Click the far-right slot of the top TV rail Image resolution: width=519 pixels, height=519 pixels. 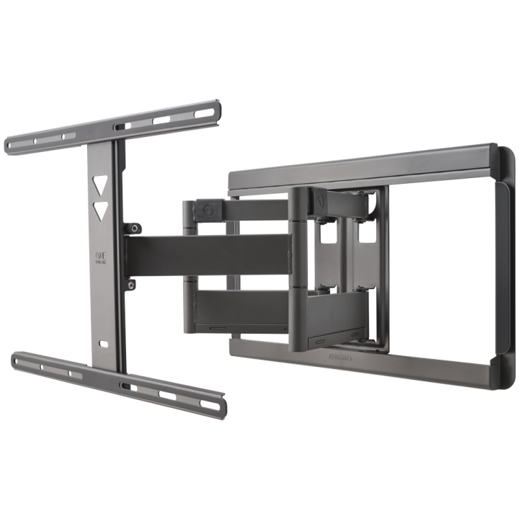[x=209, y=110]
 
